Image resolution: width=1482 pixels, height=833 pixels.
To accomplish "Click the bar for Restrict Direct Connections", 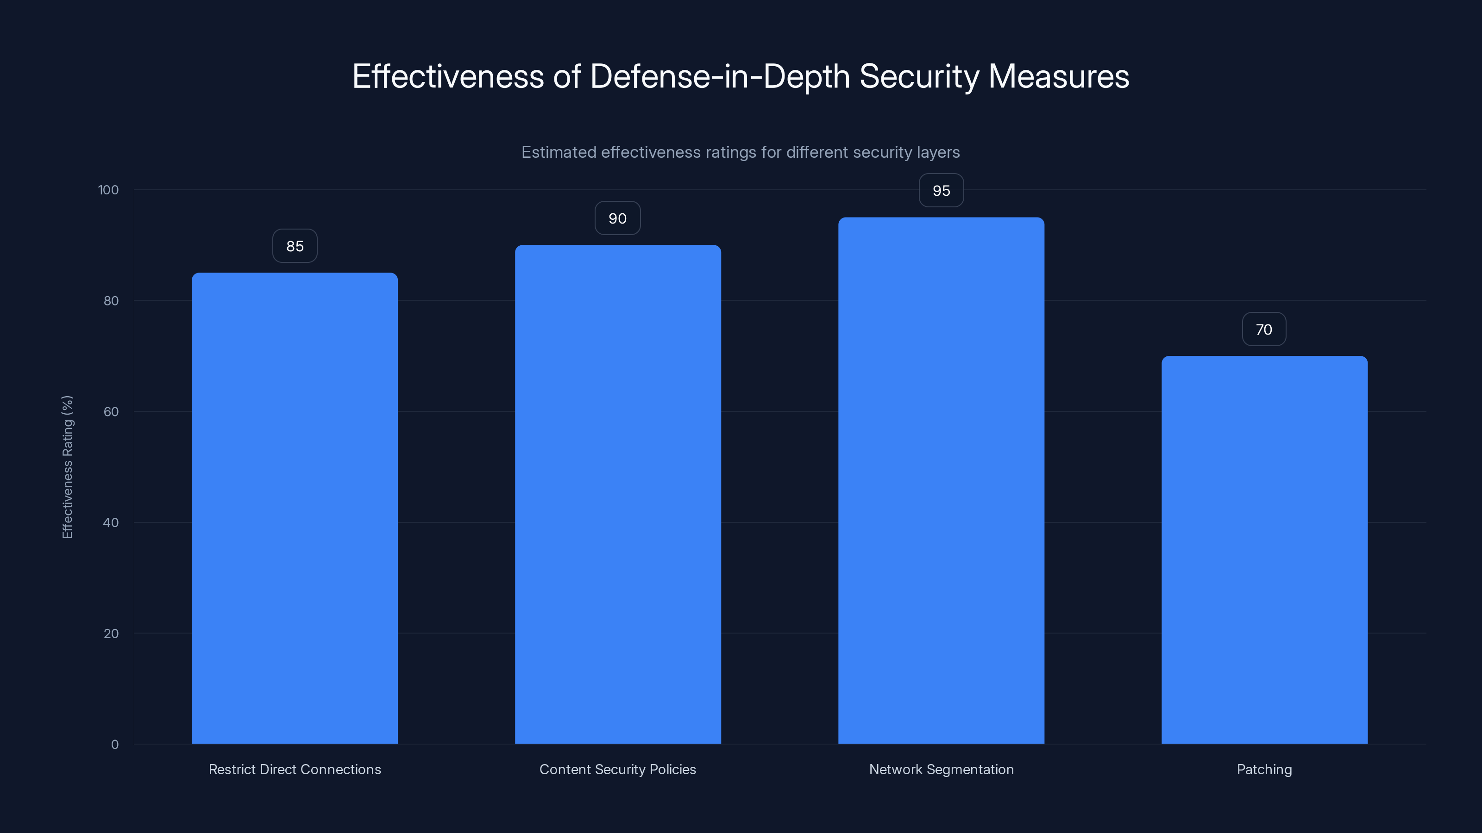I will [295, 508].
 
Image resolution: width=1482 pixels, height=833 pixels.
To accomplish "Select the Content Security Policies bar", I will [618, 494].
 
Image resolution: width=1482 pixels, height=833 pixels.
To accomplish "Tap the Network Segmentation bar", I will [941, 481].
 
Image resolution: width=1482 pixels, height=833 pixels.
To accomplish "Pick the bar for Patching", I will [1264, 550].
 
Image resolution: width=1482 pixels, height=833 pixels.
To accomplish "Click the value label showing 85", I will [295, 246].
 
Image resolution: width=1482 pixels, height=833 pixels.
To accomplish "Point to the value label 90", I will [617, 218].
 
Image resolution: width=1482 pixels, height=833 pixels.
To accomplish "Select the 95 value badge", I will [941, 190].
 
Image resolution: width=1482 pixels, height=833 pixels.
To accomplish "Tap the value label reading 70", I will [1264, 329].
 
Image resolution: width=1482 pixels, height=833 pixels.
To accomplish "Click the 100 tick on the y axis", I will [108, 190].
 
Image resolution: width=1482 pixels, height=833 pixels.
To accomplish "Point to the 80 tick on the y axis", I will [111, 301].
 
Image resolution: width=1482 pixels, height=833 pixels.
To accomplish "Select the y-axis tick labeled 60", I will [111, 411].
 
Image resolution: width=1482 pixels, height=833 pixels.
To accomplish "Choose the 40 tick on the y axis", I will [111, 522].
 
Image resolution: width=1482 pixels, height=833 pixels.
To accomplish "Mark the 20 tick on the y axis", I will [111, 634].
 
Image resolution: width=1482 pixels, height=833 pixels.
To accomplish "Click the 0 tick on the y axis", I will [114, 745].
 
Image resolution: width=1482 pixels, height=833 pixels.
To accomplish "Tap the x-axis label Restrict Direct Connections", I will [295, 769].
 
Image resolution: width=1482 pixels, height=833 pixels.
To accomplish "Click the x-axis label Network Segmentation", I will [941, 769].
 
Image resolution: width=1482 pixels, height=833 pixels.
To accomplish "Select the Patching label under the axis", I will [1264, 769].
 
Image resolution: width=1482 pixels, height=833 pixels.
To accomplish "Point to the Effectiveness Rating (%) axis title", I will [67, 467].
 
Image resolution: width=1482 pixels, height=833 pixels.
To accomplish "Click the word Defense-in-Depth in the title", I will [720, 76].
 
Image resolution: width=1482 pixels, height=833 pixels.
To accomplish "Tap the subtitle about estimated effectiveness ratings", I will [741, 152].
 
